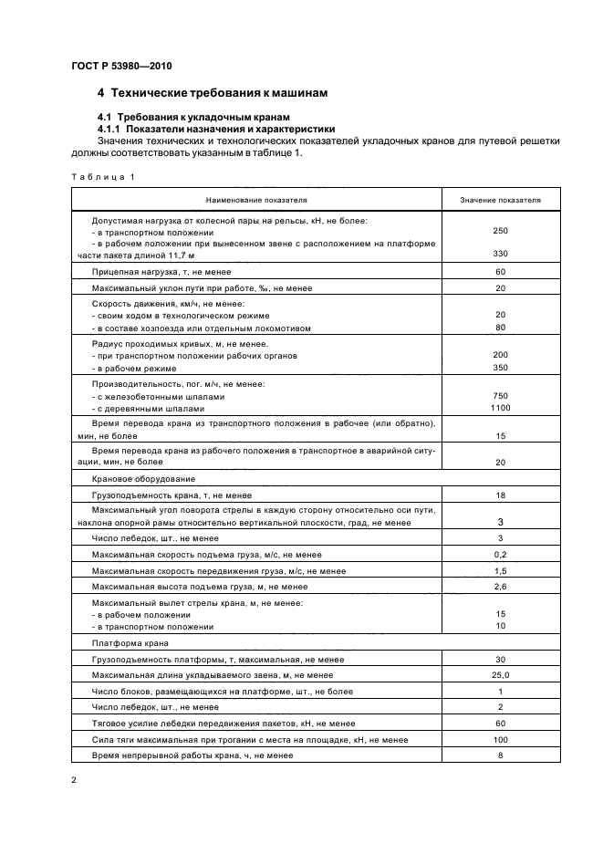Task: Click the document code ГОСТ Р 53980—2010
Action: point(120,66)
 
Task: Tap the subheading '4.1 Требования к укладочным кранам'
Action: point(192,118)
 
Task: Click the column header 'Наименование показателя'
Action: point(256,198)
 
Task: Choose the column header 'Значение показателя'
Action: point(500,198)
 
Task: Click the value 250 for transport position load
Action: point(500,231)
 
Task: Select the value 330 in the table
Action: point(500,253)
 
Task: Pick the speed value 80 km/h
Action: point(500,327)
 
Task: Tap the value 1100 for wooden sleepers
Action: point(500,410)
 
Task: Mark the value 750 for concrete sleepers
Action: point(500,397)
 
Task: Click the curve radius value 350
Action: point(500,368)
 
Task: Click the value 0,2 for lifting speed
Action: point(500,554)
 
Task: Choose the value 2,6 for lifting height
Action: point(500,586)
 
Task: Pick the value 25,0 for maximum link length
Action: point(500,674)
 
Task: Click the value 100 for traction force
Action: point(500,738)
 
